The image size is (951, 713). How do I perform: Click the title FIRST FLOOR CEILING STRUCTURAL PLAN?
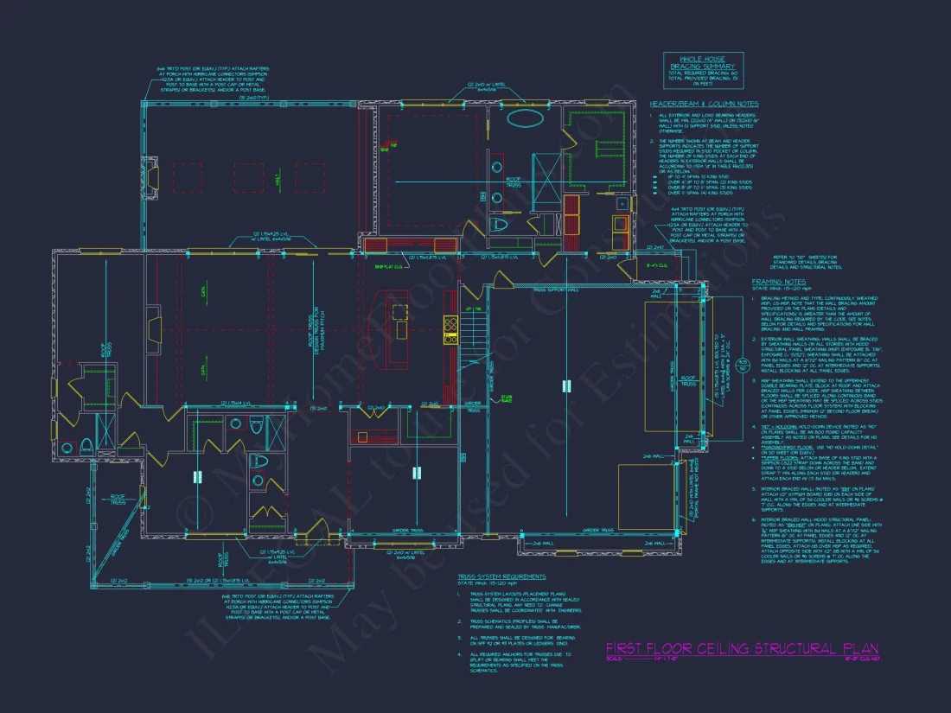tap(742, 648)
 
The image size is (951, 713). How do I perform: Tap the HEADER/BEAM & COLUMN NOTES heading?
tap(704, 104)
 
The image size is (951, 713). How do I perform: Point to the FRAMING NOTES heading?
tap(777, 281)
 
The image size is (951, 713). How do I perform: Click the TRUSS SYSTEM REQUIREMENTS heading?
tap(501, 576)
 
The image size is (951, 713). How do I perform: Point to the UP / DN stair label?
tap(473, 309)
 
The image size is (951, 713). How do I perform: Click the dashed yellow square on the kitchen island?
tap(399, 311)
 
